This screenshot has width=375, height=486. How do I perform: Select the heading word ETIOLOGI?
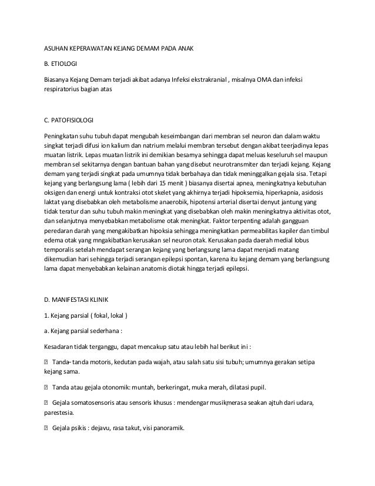65,64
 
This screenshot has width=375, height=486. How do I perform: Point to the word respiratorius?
64,90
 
